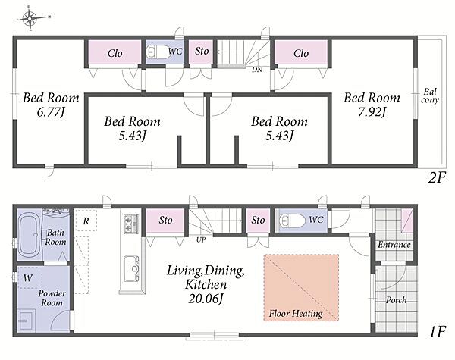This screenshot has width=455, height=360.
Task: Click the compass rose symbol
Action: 30,18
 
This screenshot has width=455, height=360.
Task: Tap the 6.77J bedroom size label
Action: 51,112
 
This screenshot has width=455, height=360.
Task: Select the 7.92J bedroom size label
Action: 372,112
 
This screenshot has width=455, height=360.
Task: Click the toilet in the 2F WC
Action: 155,52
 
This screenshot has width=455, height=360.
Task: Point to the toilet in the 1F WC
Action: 292,221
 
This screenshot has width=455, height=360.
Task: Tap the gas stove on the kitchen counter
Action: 131,224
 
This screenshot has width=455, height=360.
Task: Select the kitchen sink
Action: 131,269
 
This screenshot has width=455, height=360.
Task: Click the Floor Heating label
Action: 296,314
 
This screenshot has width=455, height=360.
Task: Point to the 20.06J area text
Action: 206,299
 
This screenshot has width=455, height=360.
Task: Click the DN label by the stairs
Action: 257,70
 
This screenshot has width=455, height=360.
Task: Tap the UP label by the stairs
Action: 201,240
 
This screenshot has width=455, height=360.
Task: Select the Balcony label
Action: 430,95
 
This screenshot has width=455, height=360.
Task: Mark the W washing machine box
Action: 28,277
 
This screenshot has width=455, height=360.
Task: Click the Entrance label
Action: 394,245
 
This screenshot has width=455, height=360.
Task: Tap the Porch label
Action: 396,299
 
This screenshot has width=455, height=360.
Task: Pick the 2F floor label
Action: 437,177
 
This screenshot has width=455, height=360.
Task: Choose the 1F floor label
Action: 437,331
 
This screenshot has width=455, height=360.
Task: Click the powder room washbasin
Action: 27,321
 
